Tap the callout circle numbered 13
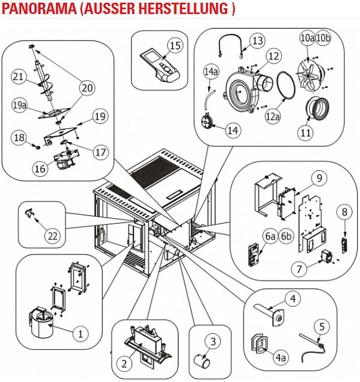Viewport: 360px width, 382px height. click(x=257, y=40)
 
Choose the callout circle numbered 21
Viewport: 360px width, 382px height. click(x=20, y=77)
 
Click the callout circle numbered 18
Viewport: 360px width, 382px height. click(x=20, y=138)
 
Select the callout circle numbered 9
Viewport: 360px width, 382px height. click(x=320, y=177)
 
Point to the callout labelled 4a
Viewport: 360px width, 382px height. click(x=280, y=357)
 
